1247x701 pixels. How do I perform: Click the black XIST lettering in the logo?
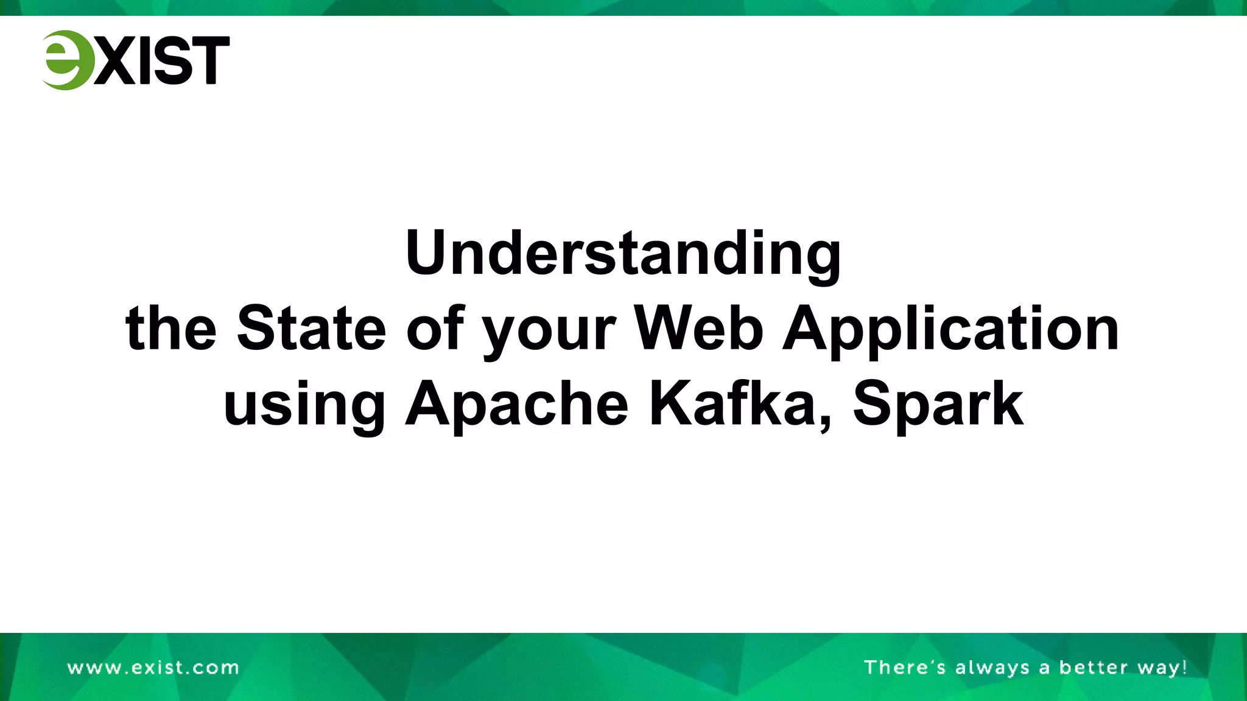(x=162, y=60)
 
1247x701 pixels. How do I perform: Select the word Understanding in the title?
(x=623, y=254)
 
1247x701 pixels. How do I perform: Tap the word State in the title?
(x=311, y=329)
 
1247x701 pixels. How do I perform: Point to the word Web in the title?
(x=698, y=329)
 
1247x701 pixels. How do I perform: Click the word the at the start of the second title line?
(x=171, y=329)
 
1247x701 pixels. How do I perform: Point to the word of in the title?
(x=435, y=329)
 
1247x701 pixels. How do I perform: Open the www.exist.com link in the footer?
(x=153, y=668)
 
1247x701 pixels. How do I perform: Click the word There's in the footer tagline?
(x=905, y=668)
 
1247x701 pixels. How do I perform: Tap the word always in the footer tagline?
(x=992, y=668)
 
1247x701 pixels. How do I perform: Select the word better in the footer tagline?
(x=1094, y=668)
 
